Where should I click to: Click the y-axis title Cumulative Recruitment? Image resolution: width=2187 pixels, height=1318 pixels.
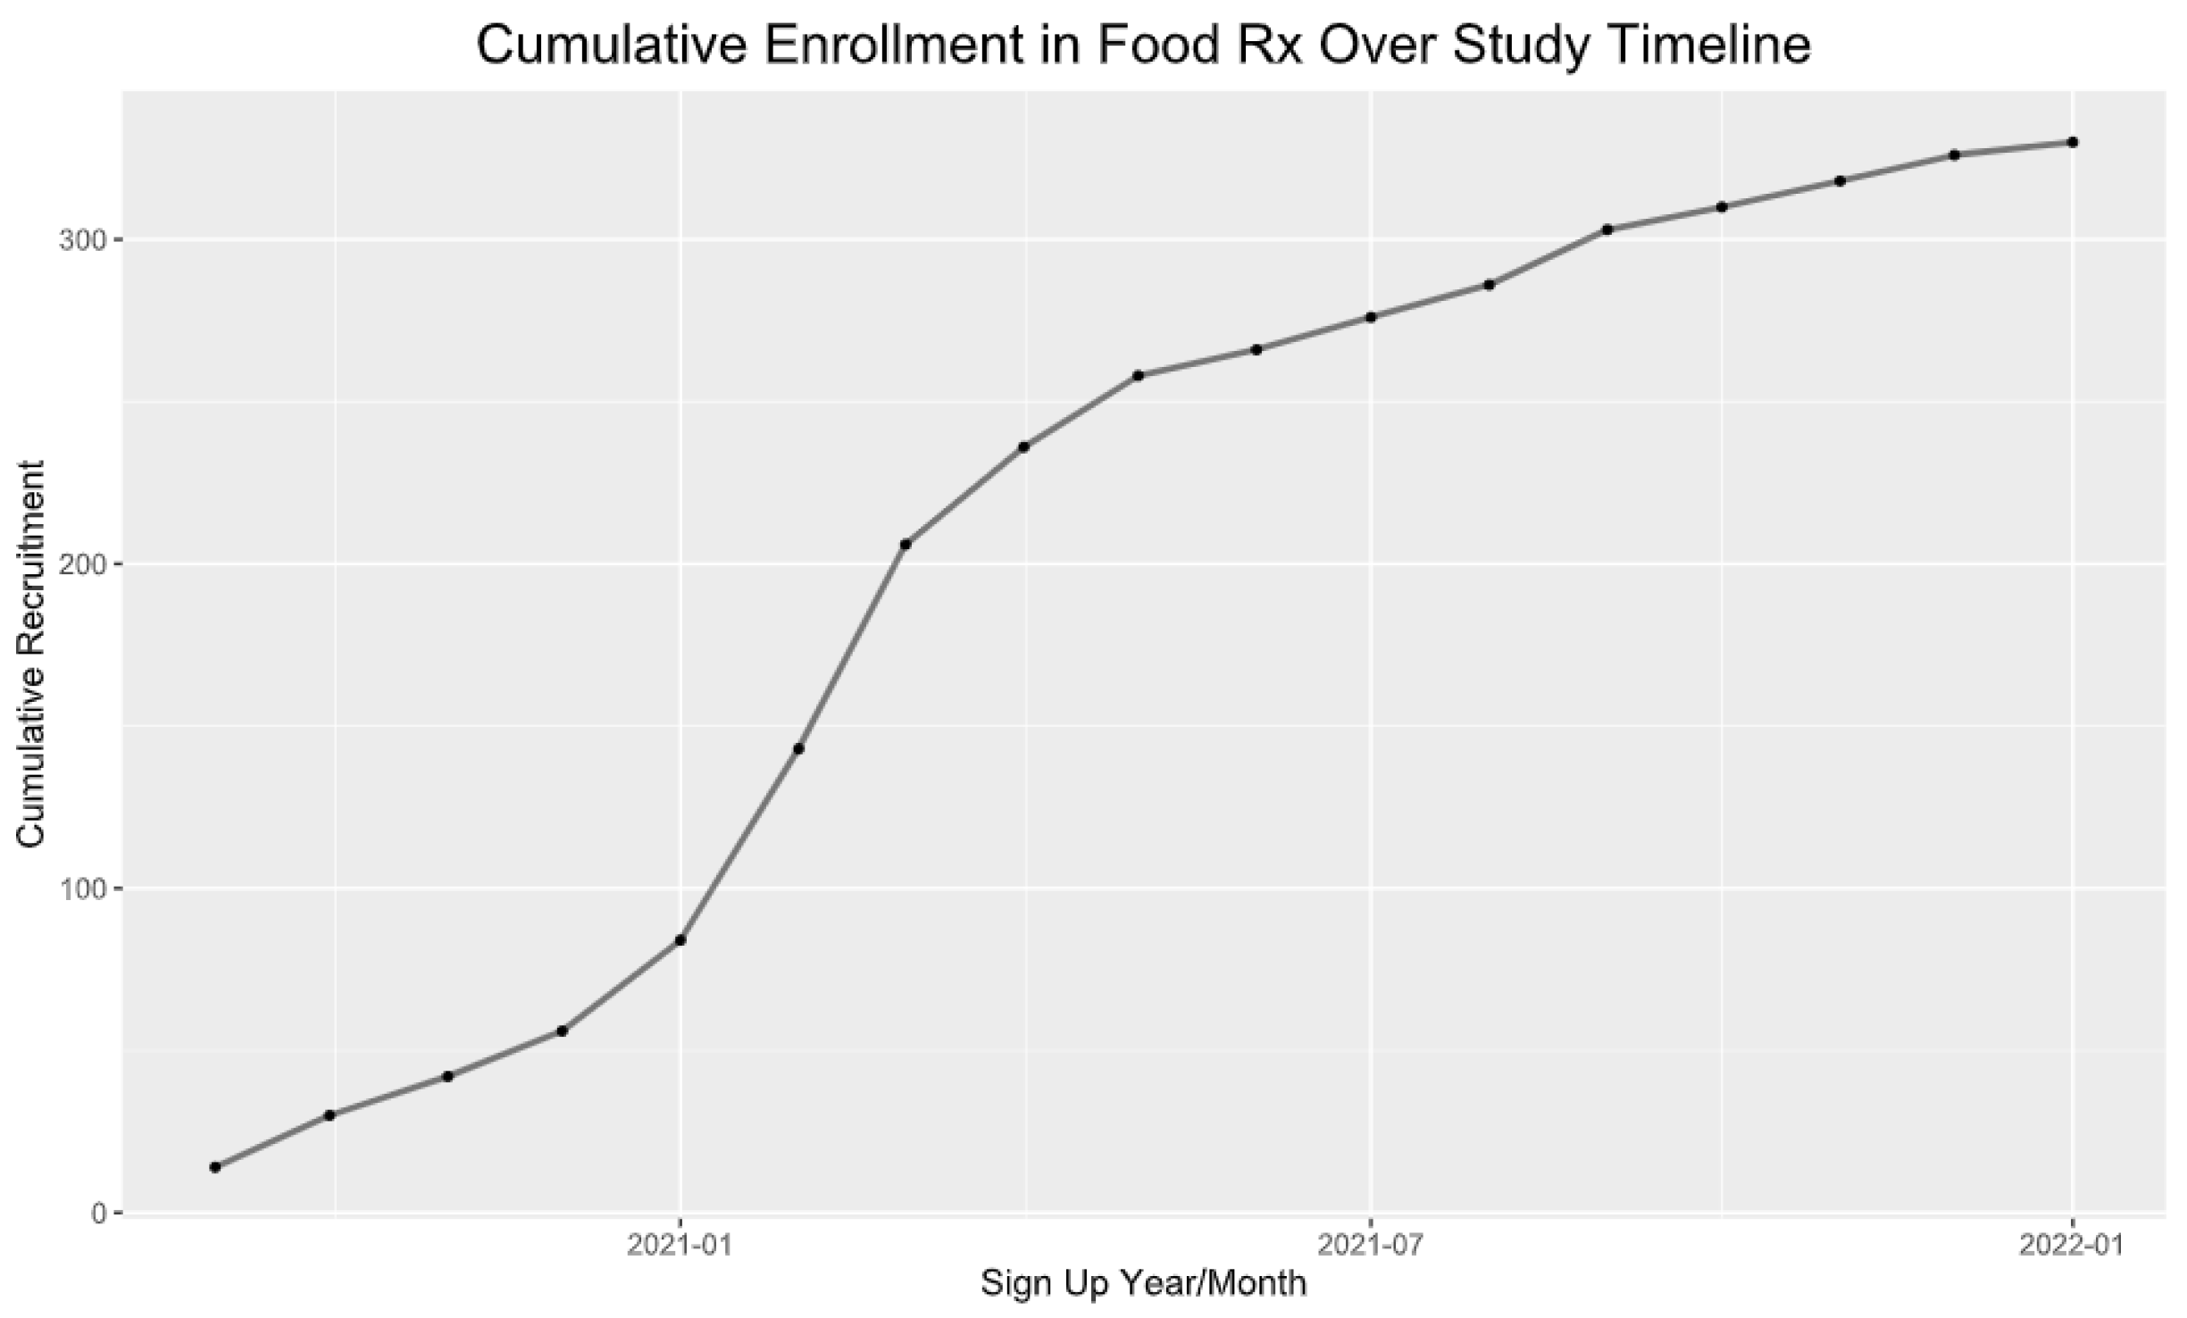pos(31,654)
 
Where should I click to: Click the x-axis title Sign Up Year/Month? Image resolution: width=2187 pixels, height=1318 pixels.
pos(1143,1285)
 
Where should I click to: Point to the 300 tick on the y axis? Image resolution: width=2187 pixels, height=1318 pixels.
pos(79,239)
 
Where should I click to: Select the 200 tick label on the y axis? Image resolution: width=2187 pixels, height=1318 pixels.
pos(79,564)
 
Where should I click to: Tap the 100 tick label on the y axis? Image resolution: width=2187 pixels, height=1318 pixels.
pos(79,888)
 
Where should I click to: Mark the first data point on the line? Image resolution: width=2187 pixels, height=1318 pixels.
pos(215,1167)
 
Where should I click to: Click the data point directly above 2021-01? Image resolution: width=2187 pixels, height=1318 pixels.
pos(680,940)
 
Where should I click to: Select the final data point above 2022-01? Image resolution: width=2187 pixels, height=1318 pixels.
pos(2073,142)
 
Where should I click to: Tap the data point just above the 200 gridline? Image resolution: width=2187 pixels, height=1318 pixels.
pos(905,544)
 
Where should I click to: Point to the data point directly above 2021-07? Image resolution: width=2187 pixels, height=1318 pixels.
pos(1371,317)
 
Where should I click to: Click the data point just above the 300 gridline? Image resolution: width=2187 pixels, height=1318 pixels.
pos(1607,229)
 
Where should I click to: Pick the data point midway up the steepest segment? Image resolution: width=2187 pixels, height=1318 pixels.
pos(798,748)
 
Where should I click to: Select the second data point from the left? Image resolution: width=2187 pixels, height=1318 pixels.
pos(330,1115)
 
